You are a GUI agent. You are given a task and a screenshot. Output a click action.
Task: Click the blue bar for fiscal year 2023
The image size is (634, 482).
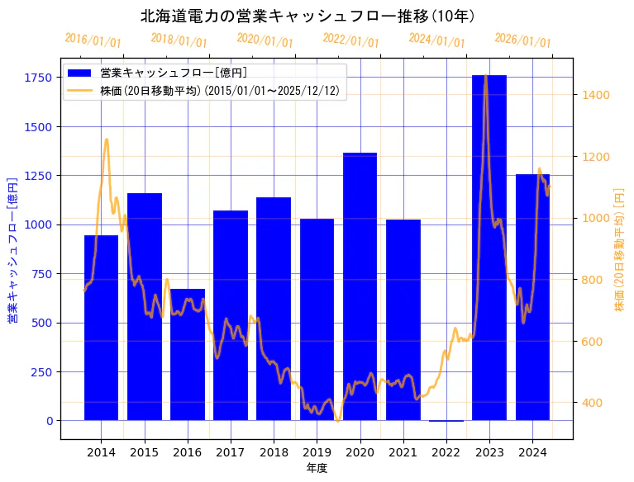click(x=489, y=248)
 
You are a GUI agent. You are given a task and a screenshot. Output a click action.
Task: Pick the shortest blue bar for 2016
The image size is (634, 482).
click(x=188, y=355)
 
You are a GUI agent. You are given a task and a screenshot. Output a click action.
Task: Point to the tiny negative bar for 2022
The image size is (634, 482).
click(x=446, y=421)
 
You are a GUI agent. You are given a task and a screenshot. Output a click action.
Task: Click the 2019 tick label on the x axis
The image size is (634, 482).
click(x=317, y=452)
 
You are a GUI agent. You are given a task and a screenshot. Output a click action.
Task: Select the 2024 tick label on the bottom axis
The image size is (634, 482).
click(x=532, y=452)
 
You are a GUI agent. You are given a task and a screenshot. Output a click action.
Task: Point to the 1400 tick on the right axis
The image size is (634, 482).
click(x=594, y=95)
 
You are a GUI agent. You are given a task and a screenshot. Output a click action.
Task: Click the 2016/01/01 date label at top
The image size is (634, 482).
click(x=93, y=40)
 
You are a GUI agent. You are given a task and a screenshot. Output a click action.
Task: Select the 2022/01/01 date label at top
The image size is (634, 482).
click(x=350, y=40)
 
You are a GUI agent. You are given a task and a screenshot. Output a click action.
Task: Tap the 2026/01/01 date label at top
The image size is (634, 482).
click(x=522, y=40)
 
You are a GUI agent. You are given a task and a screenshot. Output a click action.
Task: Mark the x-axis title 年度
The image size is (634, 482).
click(x=317, y=468)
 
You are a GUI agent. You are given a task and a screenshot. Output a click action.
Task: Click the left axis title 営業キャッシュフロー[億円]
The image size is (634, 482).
click(x=12, y=249)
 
